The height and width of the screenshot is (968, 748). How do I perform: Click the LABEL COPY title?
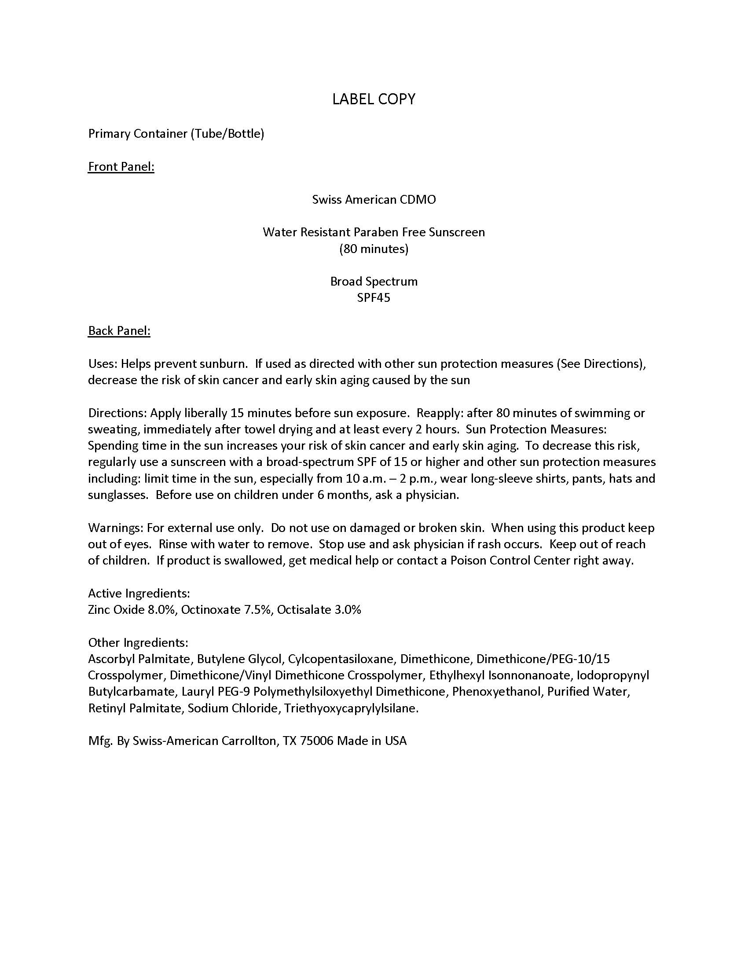[x=374, y=99]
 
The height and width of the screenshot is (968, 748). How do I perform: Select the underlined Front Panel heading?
[x=121, y=167]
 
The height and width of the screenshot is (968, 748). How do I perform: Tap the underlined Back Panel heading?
[x=119, y=330]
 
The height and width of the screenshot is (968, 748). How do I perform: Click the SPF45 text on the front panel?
[x=374, y=298]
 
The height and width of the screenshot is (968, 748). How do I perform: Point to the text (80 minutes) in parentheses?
[x=374, y=249]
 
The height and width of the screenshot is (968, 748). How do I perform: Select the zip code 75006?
[x=316, y=741]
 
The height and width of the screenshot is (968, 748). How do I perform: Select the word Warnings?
[x=116, y=528]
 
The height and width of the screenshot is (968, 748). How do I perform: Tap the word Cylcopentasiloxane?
[x=341, y=659]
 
